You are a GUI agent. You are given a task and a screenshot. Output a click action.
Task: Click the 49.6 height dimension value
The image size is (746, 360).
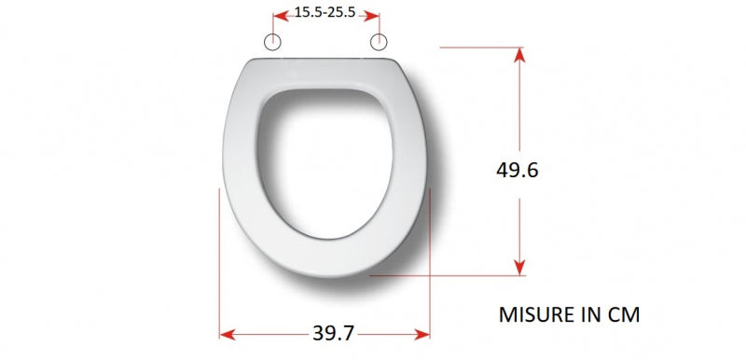click(x=518, y=171)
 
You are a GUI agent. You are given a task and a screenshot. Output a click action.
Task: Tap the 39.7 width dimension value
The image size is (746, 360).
click(x=334, y=333)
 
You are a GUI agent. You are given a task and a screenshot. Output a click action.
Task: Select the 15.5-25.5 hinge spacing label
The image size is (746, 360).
click(x=325, y=12)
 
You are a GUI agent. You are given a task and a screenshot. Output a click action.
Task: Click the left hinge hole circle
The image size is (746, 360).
click(x=272, y=42)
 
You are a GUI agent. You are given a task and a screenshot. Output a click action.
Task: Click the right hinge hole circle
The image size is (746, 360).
click(x=379, y=42)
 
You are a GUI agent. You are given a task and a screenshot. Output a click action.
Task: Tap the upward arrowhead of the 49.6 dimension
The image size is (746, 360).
click(x=519, y=55)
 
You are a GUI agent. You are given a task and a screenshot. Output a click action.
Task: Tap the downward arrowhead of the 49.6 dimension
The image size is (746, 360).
click(x=519, y=268)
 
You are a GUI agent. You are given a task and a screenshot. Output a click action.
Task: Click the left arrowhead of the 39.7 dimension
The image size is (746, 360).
click(x=228, y=335)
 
